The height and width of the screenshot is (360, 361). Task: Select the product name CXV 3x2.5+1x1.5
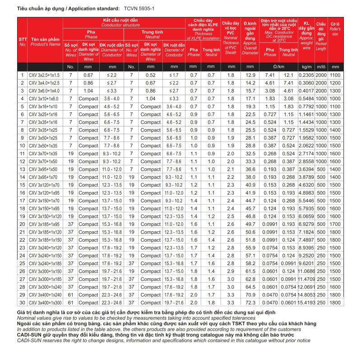[44, 75]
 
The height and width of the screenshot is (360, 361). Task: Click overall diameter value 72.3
[250, 302]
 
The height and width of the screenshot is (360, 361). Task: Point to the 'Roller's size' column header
[334, 28]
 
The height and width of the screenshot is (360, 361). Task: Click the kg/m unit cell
[306, 66]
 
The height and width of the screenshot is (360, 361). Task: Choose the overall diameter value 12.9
[250, 75]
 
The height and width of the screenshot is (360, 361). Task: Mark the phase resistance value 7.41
[270, 75]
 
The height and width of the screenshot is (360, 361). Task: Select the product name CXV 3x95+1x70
[44, 177]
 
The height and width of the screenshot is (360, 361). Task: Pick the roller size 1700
[334, 224]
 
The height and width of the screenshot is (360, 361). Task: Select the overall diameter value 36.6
[250, 168]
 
